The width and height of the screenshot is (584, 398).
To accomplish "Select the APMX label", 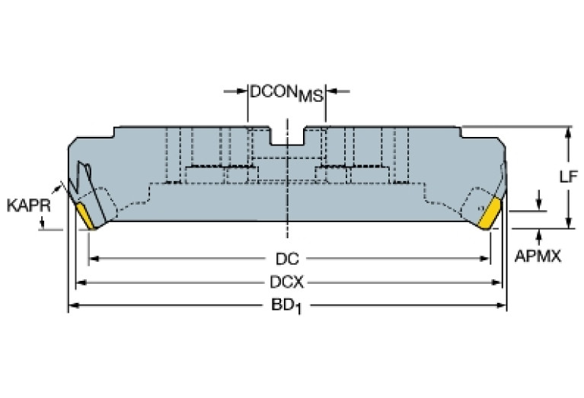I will click(x=538, y=256).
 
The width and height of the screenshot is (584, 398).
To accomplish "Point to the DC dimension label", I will click(x=286, y=257).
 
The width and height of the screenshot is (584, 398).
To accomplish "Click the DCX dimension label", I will click(x=287, y=282).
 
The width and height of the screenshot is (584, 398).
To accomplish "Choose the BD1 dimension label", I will click(x=287, y=307).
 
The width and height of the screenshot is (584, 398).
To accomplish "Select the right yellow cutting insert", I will click(x=488, y=213).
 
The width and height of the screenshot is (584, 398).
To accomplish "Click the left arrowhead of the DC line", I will click(x=93, y=259).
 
